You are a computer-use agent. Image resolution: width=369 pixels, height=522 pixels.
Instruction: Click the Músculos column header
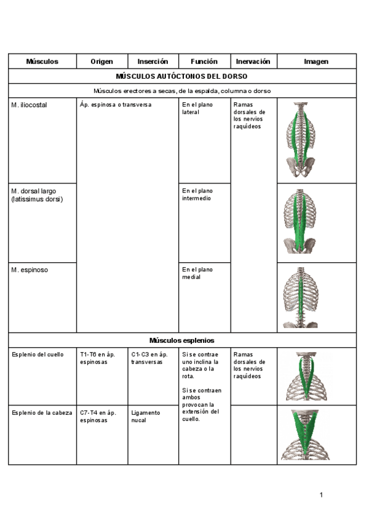[x=42, y=62]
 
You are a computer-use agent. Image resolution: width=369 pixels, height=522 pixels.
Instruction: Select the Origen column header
[x=101, y=62]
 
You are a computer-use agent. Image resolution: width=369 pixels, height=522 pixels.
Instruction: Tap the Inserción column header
[x=153, y=62]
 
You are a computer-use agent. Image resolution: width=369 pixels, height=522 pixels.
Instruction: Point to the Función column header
[x=204, y=62]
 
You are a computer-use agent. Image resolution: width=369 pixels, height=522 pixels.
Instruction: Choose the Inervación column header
[x=253, y=62]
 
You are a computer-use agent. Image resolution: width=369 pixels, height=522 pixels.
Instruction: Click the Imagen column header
[x=316, y=62]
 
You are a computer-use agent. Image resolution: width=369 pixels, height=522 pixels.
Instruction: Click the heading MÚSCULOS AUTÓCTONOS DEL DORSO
[x=182, y=76]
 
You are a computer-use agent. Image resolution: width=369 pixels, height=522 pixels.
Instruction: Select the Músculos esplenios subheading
[x=182, y=340]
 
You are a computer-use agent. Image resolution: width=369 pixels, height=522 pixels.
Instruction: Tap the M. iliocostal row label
[x=29, y=105]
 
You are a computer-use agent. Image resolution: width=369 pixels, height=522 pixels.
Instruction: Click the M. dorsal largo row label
[x=37, y=195]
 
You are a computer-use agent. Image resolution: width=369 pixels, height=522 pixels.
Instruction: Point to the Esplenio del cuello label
[x=38, y=355]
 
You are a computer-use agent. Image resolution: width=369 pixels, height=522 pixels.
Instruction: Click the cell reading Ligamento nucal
[x=145, y=417]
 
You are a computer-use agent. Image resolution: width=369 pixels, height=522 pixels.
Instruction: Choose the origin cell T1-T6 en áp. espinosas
[x=97, y=358]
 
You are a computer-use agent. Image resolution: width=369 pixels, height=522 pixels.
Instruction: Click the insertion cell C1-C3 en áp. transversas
[x=149, y=358]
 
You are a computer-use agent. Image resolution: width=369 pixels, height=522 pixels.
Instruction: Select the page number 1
[x=321, y=495]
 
